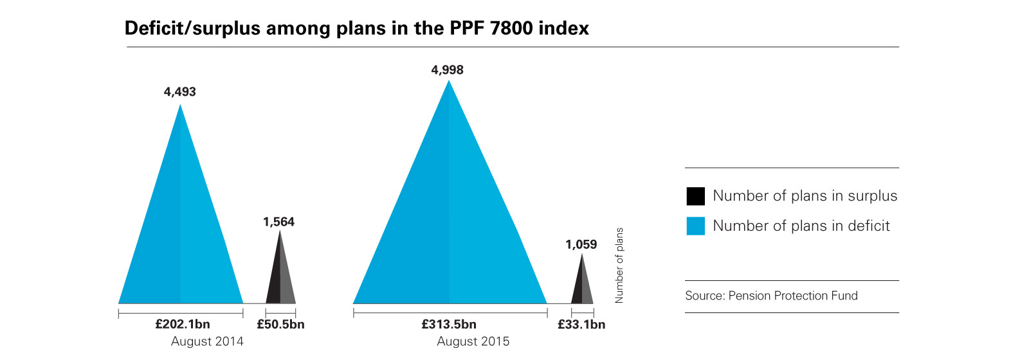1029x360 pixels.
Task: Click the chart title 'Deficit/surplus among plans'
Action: [x=356, y=28]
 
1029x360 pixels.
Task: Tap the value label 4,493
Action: [x=180, y=92]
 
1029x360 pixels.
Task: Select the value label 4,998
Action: [x=447, y=70]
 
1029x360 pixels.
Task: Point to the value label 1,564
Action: [x=278, y=222]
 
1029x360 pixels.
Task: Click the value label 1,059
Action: [x=581, y=244]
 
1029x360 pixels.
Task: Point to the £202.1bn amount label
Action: [x=183, y=324]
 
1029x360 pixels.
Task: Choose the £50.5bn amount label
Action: [x=280, y=324]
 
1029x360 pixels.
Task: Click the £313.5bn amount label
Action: [x=449, y=324]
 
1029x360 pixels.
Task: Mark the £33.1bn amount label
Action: [x=581, y=324]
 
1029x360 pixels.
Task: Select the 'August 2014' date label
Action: [x=207, y=341]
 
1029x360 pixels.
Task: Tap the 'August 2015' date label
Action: [x=473, y=341]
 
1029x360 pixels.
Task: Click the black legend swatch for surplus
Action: [x=696, y=196]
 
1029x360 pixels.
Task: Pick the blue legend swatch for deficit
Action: [x=696, y=226]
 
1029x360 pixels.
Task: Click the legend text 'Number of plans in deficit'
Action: [x=801, y=226]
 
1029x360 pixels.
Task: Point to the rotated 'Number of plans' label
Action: [x=619, y=265]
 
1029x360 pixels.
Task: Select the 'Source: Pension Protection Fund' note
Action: [x=771, y=296]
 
